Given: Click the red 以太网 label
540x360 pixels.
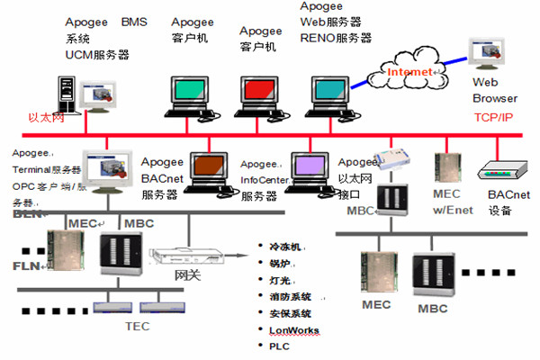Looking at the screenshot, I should (x=47, y=117).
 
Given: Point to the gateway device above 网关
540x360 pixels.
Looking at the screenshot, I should (x=185, y=256).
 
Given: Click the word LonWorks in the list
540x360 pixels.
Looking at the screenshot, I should (x=293, y=330).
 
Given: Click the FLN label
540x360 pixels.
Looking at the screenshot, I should (x=26, y=266).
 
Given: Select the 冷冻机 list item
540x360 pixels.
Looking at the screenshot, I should (x=285, y=245).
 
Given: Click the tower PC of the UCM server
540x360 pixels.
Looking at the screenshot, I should (x=65, y=94).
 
